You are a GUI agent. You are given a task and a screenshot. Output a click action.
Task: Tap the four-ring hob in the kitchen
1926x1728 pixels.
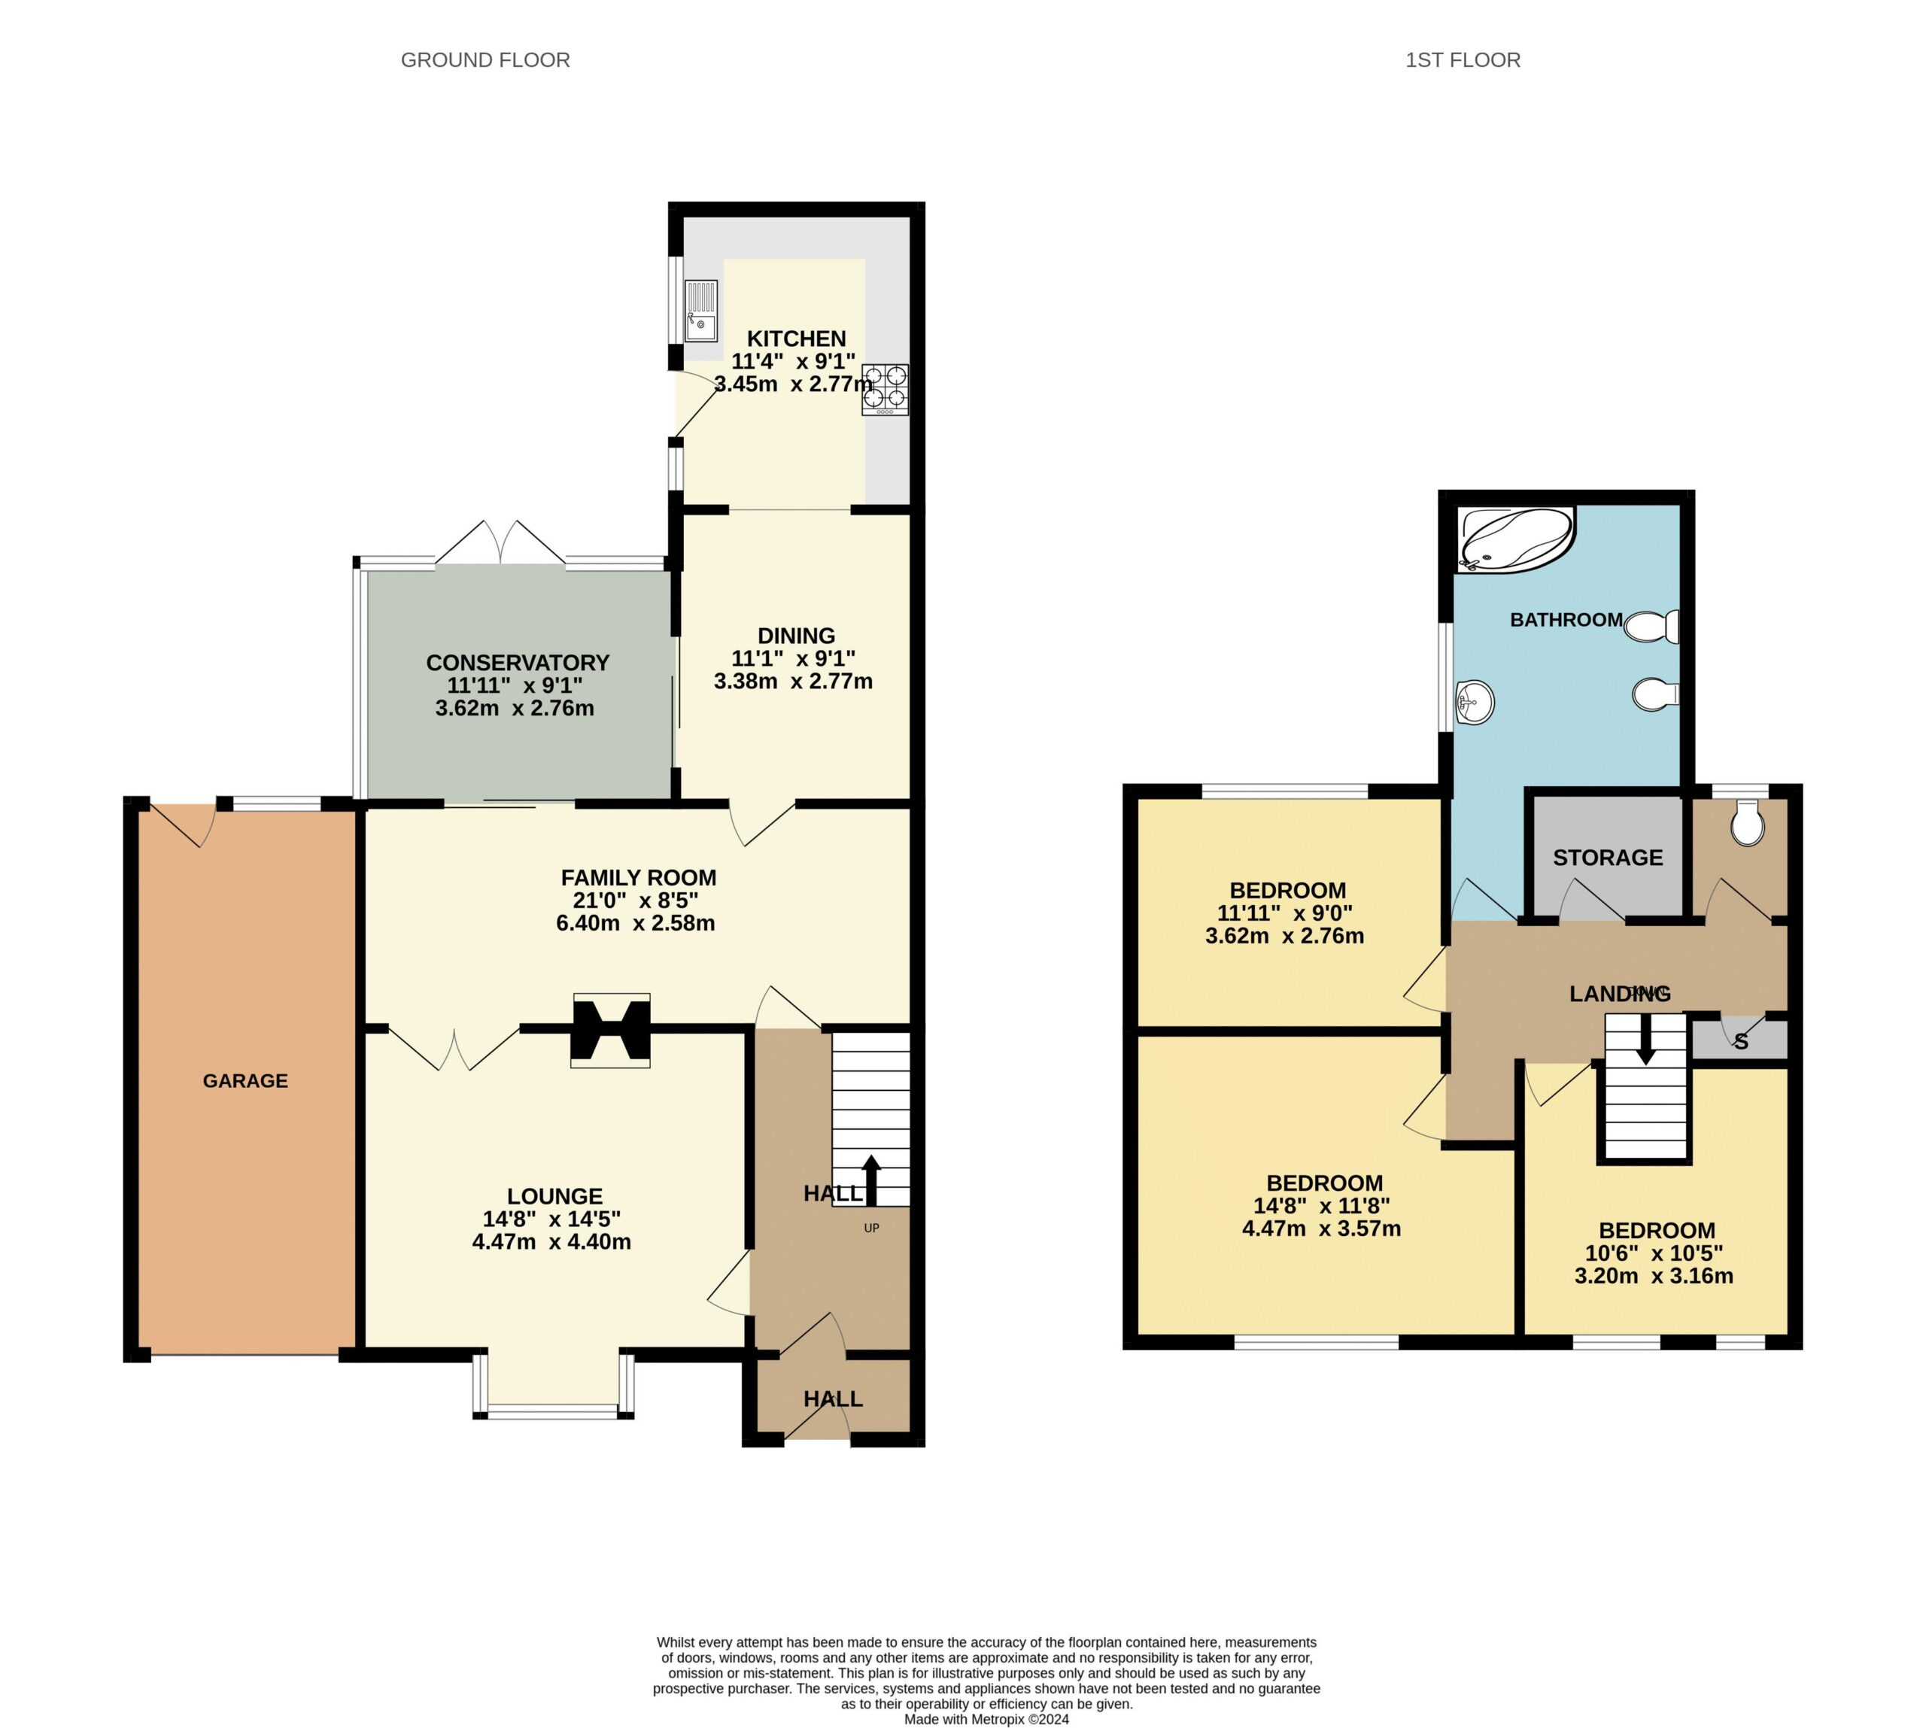884,389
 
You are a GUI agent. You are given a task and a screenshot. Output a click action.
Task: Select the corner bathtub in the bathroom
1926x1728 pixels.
1516,539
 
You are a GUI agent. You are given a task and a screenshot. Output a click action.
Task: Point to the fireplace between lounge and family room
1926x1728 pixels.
609,1030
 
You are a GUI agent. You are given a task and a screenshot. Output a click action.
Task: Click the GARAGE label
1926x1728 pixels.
245,1080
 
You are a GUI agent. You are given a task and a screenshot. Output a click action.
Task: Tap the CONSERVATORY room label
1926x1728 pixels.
518,663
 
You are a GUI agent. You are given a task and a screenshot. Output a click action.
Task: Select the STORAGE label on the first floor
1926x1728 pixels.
1608,858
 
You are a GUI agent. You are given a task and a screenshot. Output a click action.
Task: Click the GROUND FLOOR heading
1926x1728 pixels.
485,60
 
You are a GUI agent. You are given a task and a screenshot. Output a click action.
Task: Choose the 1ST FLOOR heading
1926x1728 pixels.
1463,60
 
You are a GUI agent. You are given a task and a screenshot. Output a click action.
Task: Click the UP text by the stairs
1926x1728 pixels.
871,1228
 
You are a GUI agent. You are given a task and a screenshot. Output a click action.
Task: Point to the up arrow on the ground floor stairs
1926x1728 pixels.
870,1180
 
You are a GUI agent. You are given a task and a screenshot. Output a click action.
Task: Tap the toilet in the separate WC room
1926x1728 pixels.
1746,822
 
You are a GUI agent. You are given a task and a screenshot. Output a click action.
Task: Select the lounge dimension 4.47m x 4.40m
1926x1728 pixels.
551,1242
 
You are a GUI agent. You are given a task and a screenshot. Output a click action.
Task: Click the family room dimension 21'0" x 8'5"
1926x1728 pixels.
637,900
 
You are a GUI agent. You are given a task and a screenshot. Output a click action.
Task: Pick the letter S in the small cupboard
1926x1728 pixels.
1741,1043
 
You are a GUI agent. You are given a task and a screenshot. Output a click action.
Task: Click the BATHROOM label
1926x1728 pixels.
1566,620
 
